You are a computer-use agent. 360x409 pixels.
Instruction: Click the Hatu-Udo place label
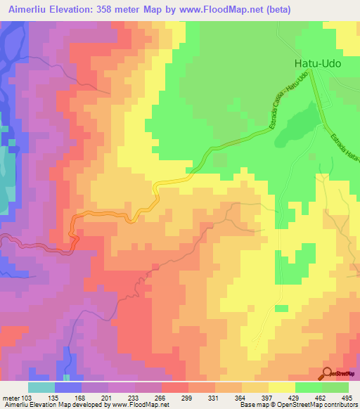tap(317, 64)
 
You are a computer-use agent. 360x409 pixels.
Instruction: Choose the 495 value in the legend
tap(347, 398)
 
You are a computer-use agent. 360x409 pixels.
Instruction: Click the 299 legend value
tap(188, 398)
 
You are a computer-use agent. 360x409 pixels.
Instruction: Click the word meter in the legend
tap(10, 398)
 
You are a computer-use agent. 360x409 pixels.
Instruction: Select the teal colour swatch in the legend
tap(41, 387)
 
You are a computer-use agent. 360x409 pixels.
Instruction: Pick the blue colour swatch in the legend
tap(68, 387)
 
